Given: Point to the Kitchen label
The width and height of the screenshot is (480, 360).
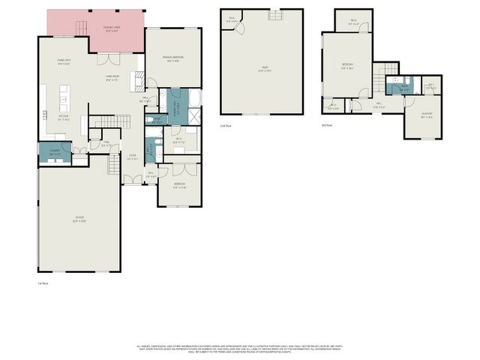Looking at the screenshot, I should click(x=64, y=117).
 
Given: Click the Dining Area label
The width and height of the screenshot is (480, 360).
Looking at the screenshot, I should click(x=64, y=62).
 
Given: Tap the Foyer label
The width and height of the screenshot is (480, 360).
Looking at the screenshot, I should click(x=131, y=157).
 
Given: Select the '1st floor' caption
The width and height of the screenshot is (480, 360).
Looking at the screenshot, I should click(x=43, y=283).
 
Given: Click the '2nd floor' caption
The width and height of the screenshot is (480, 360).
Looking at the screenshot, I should click(x=226, y=126).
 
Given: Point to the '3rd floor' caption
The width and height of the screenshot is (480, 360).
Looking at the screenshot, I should click(x=326, y=125).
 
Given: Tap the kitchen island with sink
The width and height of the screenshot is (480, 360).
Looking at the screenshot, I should click(x=64, y=98).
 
